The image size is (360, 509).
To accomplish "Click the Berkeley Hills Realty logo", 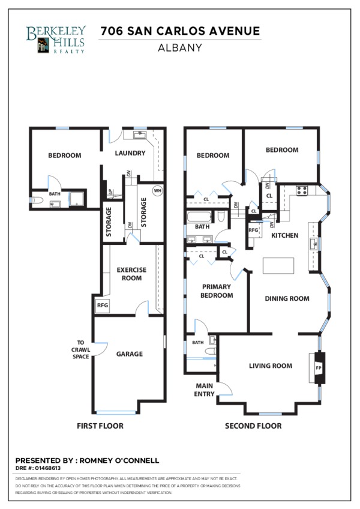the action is coord(56,40).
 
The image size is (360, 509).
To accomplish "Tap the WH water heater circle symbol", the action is coord(157,190).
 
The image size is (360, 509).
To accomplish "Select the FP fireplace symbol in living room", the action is coord(319,368).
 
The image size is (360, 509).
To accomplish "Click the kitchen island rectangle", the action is coord(278,266).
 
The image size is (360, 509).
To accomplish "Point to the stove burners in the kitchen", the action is coord(302,190).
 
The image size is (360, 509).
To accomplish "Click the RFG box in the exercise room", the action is coord(102,306).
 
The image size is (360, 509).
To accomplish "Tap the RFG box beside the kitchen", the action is coord(254,230).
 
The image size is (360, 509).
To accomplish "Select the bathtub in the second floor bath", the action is coord(199,217).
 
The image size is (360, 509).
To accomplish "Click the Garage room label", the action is coord(130,354).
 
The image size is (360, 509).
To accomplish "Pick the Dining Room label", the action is coord(287,298).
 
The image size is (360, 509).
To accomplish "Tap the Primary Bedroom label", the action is coord(217,291).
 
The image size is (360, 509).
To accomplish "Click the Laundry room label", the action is coord(130,153).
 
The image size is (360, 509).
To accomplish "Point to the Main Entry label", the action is coord(204,390).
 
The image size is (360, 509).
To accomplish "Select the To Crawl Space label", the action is coord(80,349).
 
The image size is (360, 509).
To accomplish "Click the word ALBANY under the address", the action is coord(180,48).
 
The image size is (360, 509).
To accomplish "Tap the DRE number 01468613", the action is coord(48,468).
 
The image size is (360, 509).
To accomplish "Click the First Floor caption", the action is coord(100,426).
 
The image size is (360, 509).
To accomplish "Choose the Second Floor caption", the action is coord(253,426).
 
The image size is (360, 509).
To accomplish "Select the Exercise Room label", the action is coord(131,274).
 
